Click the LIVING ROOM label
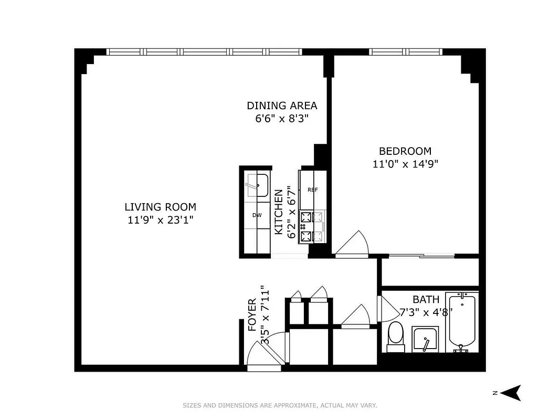(x=160, y=207)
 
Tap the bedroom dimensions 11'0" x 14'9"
(x=405, y=164)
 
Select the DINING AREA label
(x=282, y=106)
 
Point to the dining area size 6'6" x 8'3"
(x=282, y=119)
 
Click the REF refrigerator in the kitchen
(x=313, y=190)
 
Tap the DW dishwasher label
(x=257, y=215)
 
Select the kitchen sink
(x=257, y=185)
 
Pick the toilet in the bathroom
(x=395, y=336)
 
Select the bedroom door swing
(x=352, y=245)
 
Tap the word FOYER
(x=252, y=315)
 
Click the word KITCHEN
(x=279, y=212)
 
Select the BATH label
(x=426, y=300)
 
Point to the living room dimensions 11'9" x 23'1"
(x=160, y=220)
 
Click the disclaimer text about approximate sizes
(x=280, y=405)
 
